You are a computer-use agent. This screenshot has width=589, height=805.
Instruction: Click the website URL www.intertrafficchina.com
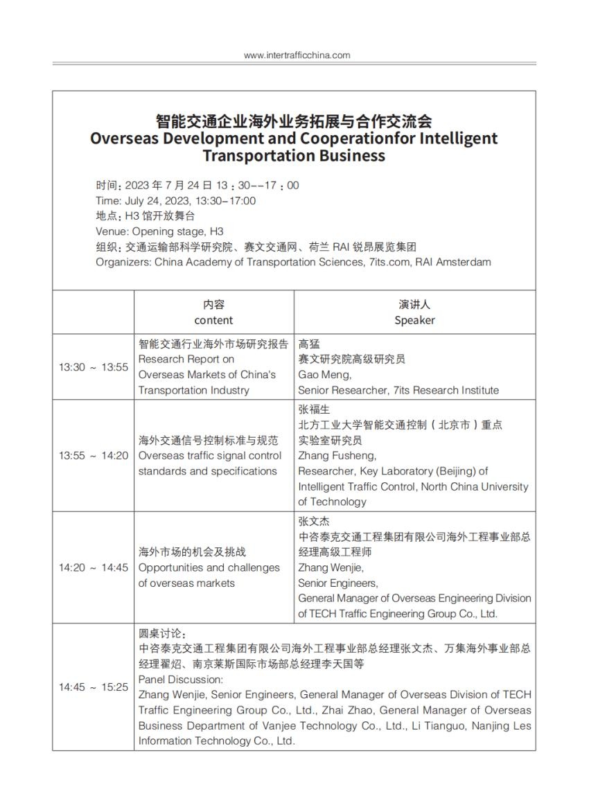pos(297,55)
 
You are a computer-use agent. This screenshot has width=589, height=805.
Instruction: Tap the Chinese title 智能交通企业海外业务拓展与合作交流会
pos(294,121)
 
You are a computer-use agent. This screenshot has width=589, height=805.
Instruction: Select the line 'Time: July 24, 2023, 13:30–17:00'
pos(175,201)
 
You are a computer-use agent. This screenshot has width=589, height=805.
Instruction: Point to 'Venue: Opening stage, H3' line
pos(159,231)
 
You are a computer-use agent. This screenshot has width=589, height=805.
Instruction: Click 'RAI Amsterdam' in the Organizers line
pos(458,262)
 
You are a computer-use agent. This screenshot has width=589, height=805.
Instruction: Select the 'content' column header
pos(213,320)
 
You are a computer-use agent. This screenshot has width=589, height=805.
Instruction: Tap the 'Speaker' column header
pos(414,320)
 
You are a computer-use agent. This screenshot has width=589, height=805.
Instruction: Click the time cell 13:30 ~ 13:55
pos(93,367)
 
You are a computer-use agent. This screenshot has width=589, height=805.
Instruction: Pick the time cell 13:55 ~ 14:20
pos(93,456)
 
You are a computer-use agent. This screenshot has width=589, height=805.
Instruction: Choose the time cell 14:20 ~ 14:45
pos(93,567)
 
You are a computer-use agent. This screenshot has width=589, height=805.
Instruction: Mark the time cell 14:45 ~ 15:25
pos(93,687)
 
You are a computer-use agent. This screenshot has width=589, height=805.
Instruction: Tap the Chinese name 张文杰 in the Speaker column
pos(314,521)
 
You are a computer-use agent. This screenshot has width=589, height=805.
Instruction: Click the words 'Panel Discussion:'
pos(180,680)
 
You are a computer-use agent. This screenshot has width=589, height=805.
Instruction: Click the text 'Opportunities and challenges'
pos(209,567)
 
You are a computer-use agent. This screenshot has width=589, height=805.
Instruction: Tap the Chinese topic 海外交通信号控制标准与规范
pos(209,441)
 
